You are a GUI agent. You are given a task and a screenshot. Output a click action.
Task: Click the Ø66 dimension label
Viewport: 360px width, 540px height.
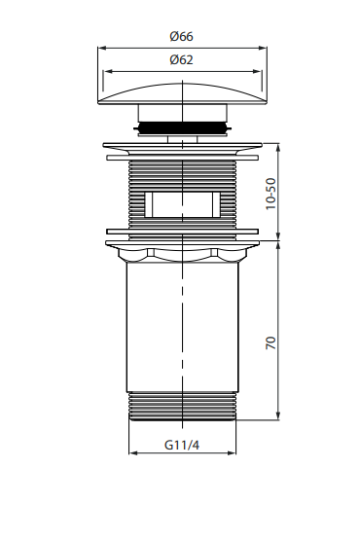pos(181,36)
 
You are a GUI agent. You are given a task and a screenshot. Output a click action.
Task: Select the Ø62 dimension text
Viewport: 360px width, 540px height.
pos(181,59)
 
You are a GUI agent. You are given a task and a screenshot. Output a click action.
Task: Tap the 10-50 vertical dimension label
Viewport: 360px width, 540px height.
pos(271,194)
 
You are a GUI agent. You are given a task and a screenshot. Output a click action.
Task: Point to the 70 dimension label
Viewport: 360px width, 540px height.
pos(271,343)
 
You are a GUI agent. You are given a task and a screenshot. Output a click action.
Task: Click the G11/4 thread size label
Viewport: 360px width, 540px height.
pos(182,445)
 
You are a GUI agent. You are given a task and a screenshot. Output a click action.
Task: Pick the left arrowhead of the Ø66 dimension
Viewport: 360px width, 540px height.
pos(102,49)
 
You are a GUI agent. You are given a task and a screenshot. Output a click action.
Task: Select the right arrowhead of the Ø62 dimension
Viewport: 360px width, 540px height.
pos(257,72)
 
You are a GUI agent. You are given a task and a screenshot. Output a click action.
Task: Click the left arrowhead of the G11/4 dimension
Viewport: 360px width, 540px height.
pos(133,452)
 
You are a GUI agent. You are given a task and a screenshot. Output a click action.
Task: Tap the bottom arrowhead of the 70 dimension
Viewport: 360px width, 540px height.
pos(278,416)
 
